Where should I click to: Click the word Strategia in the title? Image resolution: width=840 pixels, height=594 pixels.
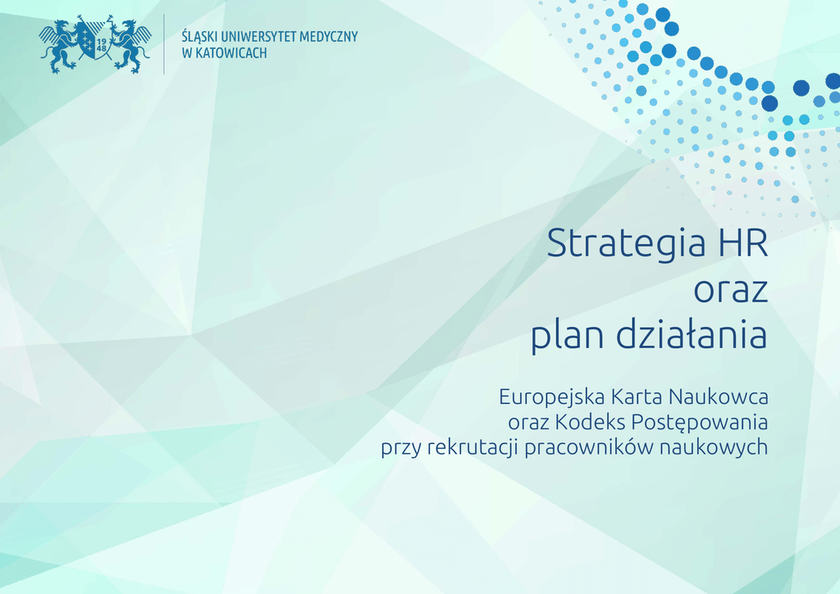click(626, 244)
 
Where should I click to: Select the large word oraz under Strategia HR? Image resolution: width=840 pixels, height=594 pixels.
click(731, 292)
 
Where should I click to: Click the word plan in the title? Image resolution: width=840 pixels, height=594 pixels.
click(568, 336)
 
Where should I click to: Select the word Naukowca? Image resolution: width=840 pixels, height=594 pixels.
click(719, 397)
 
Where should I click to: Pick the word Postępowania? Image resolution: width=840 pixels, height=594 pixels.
click(700, 423)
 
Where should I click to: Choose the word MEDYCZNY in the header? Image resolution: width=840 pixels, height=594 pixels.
click(328, 37)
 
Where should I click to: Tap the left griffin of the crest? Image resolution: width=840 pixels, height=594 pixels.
click(59, 46)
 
